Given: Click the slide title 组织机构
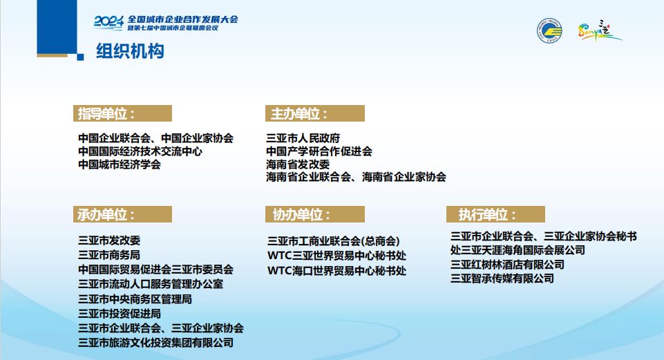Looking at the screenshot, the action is point(130,51).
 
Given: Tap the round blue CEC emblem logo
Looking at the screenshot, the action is point(549,30).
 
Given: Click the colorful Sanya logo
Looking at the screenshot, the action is point(599,30).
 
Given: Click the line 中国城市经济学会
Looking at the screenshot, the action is point(120,164).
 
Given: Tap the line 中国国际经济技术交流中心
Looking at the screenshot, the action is point(140,151).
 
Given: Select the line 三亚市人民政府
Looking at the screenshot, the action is point(303,138).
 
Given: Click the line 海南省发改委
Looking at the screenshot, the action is point(298,164).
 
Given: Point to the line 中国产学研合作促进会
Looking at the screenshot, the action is point(319,151).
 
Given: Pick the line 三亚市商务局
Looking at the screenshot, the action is point(109,255).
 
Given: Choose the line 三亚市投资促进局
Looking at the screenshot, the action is point(120,314).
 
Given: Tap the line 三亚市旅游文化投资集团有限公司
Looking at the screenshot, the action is point(156,343).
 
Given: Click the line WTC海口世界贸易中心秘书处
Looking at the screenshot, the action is point(336,271).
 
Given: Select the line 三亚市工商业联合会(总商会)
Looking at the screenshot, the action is point(333,241).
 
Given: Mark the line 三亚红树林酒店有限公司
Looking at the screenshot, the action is point(507,265).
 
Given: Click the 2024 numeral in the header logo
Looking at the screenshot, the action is point(109,22).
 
